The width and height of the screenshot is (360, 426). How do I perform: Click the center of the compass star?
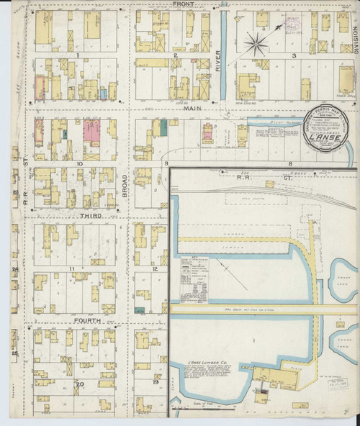pyautogui.click(x=256, y=45)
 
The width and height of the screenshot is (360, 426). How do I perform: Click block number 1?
pyautogui.click(x=76, y=55)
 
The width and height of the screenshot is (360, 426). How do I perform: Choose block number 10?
pyautogui.click(x=80, y=163)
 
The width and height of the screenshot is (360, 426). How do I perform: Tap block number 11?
pyautogui.click(x=71, y=268)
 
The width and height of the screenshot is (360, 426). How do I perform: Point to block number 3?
pyautogui.click(x=293, y=55)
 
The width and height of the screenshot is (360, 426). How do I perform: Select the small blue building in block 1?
pyautogui.click(x=104, y=94)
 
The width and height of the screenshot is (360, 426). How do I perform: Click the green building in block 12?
pyautogui.click(x=139, y=309)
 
